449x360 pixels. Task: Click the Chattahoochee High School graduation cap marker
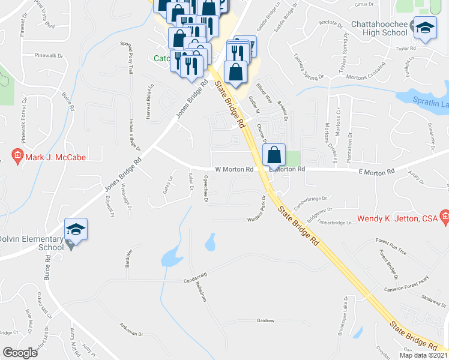click(426, 28)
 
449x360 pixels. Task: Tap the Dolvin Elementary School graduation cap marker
click(76, 229)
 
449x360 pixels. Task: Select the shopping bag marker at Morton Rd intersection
click(274, 155)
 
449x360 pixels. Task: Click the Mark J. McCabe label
click(55, 157)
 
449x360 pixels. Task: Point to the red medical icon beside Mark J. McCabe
click(17, 157)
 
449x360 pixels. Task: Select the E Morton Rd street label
click(378, 172)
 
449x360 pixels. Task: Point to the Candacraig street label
click(195, 281)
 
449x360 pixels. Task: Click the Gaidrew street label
click(265, 321)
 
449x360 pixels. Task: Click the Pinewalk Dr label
click(49, 55)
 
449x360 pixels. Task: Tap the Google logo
click(20, 353)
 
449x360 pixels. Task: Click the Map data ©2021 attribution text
click(423, 355)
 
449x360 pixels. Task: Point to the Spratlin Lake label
click(431, 104)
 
